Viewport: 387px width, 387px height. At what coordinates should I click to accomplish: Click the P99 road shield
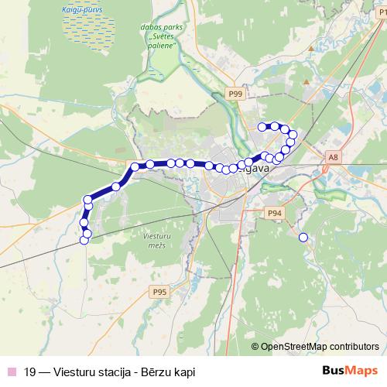(235, 94)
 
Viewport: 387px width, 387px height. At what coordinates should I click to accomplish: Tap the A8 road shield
(333, 157)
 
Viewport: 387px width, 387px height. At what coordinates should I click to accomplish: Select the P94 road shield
(273, 212)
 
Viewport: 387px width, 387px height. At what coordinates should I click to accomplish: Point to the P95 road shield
(159, 291)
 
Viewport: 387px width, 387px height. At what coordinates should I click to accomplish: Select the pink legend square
(10, 372)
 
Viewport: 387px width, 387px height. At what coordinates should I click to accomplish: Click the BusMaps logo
(350, 371)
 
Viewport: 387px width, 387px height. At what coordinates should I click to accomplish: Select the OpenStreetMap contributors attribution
(319, 347)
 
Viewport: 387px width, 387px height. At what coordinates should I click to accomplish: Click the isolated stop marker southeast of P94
(303, 238)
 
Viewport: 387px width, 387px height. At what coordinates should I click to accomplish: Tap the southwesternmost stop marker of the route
(84, 240)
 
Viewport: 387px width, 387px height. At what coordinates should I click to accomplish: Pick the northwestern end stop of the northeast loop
(262, 126)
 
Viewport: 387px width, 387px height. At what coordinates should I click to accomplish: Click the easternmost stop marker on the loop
(293, 135)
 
